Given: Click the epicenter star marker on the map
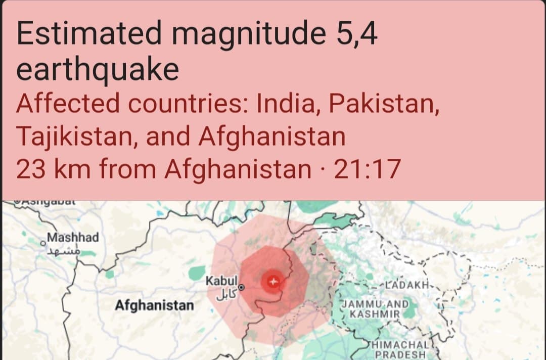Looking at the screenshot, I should (273, 281).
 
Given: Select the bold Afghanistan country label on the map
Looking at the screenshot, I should (154, 305).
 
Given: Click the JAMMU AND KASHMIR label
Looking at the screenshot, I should (375, 309).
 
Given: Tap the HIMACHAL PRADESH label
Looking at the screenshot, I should (402, 349).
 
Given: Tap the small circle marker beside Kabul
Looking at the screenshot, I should (241, 287).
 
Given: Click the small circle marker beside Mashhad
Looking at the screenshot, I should (43, 244).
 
